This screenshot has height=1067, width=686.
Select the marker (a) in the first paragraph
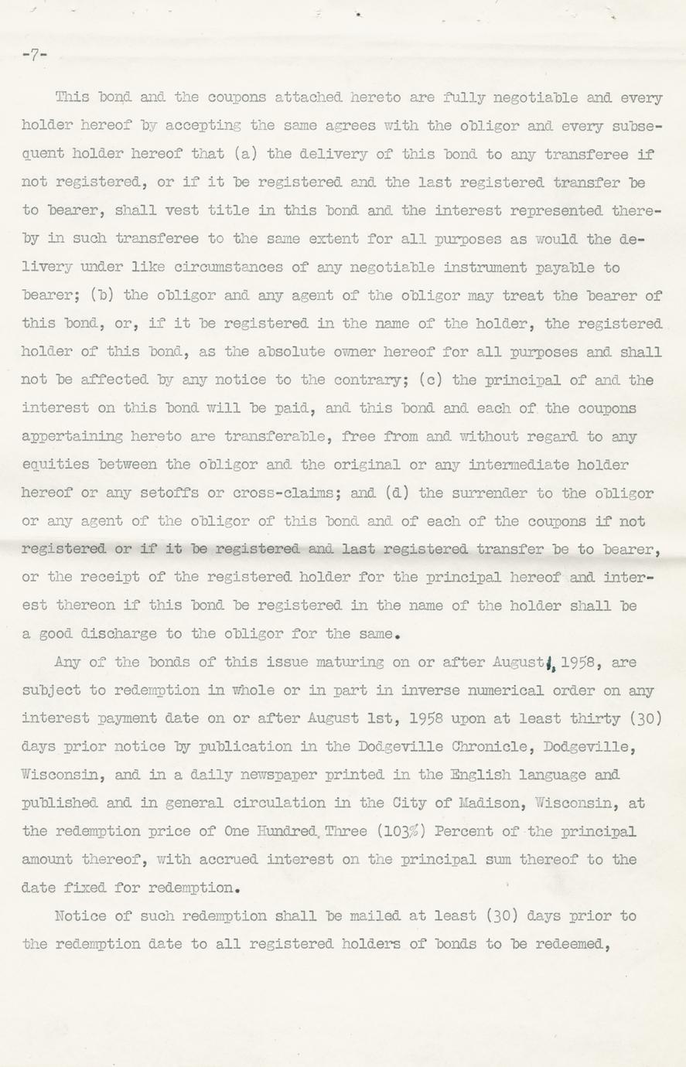(x=245, y=154)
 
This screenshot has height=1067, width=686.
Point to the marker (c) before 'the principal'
(x=410, y=380)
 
